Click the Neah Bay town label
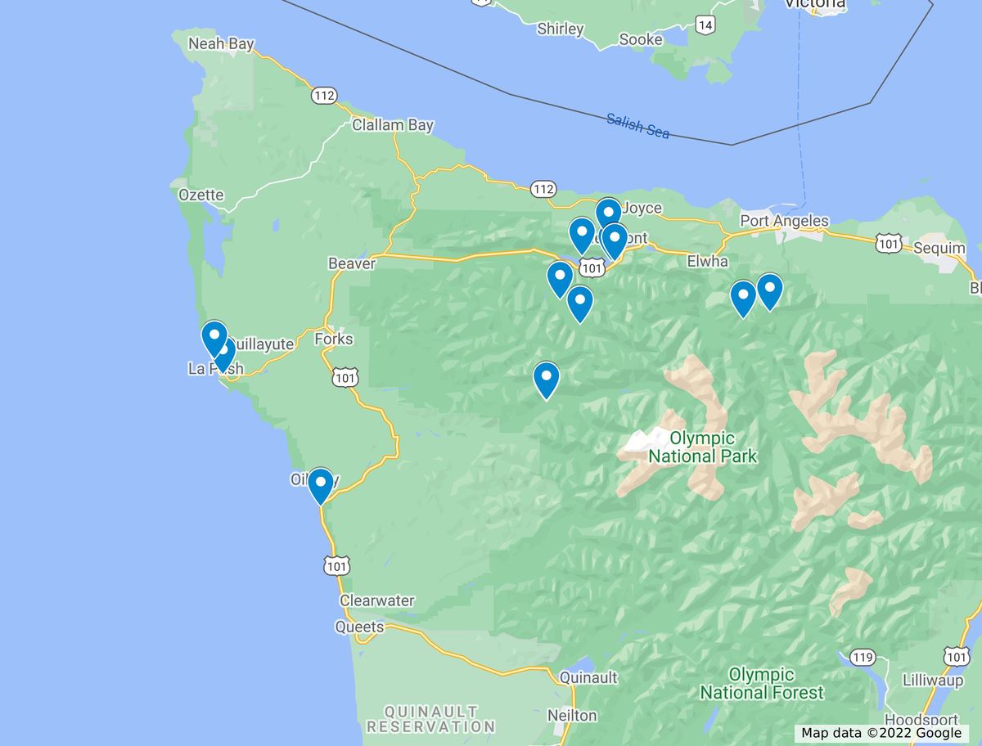[x=221, y=43]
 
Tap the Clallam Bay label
[x=392, y=125]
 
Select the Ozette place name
[x=200, y=195]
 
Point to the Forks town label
[x=333, y=339]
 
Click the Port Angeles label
[x=784, y=221]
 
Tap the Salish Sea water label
[x=637, y=125]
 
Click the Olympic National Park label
[x=703, y=447]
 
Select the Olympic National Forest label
[x=762, y=684]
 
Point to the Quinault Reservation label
[x=430, y=718]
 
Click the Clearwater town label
[x=376, y=600]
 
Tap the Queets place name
[x=358, y=627]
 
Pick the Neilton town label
[x=572, y=715]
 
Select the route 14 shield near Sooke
[x=705, y=25]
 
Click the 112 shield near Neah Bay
[x=323, y=96]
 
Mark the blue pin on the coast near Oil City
[x=321, y=485]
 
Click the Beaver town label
[x=351, y=263]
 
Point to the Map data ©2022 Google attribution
[x=881, y=733]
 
